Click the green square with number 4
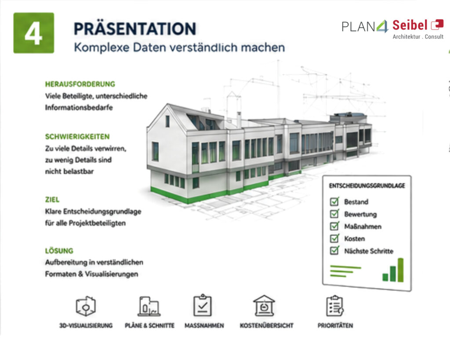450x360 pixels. [x=33, y=33]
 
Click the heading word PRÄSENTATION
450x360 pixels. [x=135, y=29]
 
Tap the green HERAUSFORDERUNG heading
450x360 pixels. [x=80, y=84]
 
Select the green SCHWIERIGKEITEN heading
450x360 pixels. [x=77, y=137]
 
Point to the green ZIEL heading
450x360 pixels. [x=52, y=200]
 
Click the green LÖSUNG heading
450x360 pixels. [x=59, y=251]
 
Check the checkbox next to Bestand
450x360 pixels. [x=334, y=201]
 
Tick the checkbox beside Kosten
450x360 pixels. [x=334, y=238]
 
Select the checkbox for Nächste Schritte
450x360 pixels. [x=334, y=251]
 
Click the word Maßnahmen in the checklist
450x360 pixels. [x=363, y=226]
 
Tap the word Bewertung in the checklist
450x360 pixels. [x=360, y=214]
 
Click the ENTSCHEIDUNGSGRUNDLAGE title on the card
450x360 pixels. [x=367, y=186]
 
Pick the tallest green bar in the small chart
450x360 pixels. [x=401, y=270]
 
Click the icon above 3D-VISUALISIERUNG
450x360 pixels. [x=86, y=306]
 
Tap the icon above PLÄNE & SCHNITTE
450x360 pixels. [x=149, y=306]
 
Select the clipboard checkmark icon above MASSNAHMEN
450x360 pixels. [x=203, y=305]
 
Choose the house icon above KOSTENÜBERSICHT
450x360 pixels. [x=264, y=305]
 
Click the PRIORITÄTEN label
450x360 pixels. [x=335, y=326]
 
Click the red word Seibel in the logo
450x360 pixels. [x=410, y=25]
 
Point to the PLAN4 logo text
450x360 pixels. [x=365, y=26]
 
